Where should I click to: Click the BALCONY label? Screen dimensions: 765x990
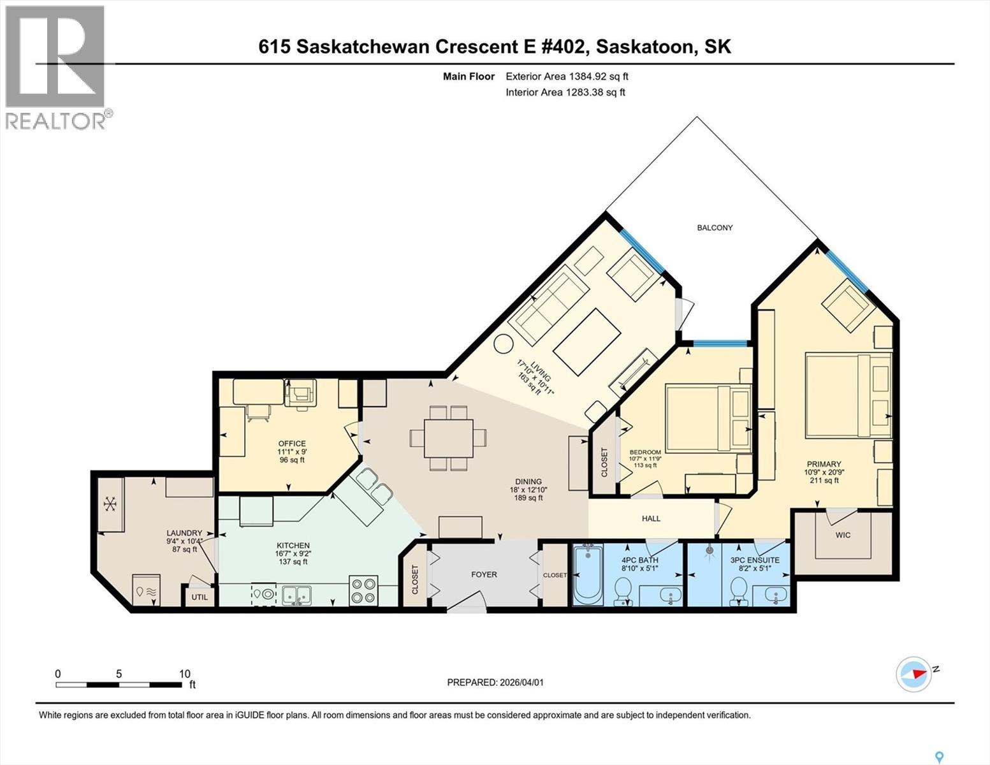[x=715, y=228]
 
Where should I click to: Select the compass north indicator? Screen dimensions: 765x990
[x=914, y=673]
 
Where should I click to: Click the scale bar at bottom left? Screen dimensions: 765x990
[x=119, y=684]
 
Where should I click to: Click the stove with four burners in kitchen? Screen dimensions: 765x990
[x=363, y=590]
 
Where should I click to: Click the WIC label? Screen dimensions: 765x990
[x=843, y=535]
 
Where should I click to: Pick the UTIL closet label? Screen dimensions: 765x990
[x=200, y=597]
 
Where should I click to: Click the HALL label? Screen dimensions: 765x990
[x=651, y=518]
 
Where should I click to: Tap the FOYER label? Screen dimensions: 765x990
[x=484, y=574]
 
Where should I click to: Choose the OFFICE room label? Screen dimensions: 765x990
[x=291, y=444]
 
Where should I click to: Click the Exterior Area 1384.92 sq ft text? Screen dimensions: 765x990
[x=567, y=76]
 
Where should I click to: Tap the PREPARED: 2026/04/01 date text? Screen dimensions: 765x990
[x=495, y=682]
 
